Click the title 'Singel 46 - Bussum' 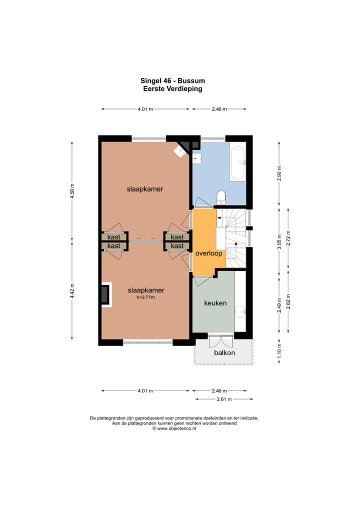[x=172, y=80]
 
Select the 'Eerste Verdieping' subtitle [x=172, y=88]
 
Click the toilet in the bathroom [x=221, y=197]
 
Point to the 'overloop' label [x=208, y=253]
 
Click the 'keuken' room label [x=215, y=303]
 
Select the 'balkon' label [x=224, y=352]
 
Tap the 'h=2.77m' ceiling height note [x=146, y=297]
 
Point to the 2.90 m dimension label [x=279, y=173]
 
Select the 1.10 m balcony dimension [x=279, y=351]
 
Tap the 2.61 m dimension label [x=224, y=399]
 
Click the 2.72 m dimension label [x=288, y=238]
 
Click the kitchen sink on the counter [x=240, y=312]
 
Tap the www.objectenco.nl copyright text [x=174, y=428]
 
